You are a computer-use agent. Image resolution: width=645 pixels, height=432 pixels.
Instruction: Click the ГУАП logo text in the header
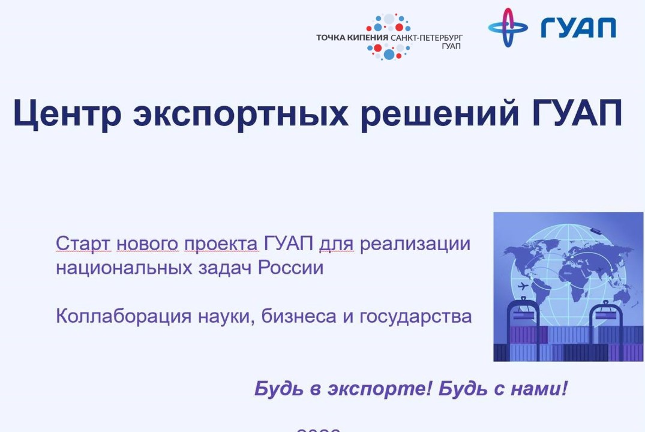[578, 28]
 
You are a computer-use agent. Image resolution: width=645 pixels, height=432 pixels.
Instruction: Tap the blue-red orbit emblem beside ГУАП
[508, 28]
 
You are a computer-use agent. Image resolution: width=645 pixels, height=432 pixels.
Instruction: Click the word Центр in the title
[67, 113]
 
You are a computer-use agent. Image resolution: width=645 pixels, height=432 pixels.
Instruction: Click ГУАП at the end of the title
[577, 113]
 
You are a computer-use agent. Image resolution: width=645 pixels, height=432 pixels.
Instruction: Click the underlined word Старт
[83, 244]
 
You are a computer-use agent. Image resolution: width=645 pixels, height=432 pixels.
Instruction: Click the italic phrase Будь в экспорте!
[343, 389]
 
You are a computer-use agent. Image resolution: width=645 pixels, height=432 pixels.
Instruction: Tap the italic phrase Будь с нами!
[503, 389]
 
